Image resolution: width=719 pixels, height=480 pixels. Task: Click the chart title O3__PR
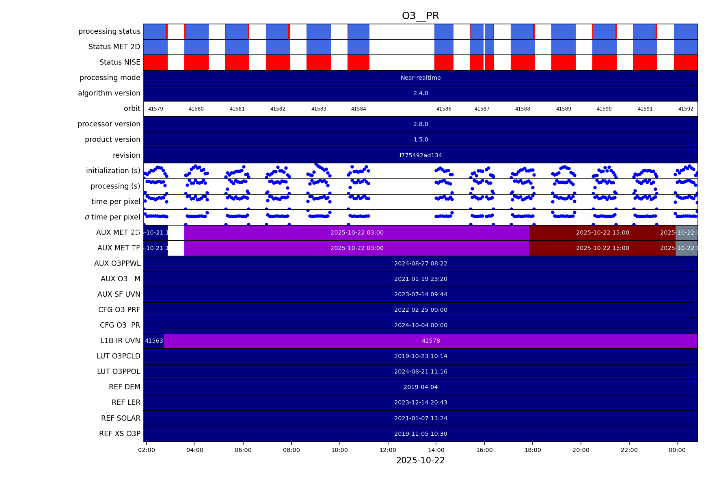pos(420,16)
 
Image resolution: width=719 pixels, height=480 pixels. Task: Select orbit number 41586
pos(444,109)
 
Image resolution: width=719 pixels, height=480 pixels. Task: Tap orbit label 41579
pos(155,109)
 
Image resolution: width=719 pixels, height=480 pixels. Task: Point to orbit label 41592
pos(686,109)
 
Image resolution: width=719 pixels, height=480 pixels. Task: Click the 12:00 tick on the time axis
pos(388,450)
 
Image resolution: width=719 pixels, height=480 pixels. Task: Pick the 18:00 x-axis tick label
pos(533,450)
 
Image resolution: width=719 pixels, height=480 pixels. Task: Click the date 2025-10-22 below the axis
pos(420,460)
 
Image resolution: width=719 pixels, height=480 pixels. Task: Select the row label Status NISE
pos(120,62)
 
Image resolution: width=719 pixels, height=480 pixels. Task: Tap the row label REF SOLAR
pos(121,418)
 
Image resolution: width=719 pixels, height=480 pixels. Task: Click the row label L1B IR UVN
pos(120,341)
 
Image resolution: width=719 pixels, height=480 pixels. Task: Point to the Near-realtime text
pos(421,78)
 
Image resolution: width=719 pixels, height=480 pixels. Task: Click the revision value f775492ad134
pos(421,155)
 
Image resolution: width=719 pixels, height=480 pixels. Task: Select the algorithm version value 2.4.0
pos(421,93)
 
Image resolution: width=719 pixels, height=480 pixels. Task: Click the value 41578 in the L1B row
pos(431,341)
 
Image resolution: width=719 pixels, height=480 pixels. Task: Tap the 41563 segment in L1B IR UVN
pos(154,341)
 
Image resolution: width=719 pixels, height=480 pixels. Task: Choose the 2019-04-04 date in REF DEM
pos(421,387)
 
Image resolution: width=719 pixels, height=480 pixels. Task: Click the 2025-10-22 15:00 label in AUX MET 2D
pos(602,232)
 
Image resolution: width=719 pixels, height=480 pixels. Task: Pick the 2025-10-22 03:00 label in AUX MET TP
pos(357,248)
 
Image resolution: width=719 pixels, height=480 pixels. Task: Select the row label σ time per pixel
pos(112,217)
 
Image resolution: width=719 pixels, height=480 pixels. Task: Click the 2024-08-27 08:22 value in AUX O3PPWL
pos(421,263)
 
